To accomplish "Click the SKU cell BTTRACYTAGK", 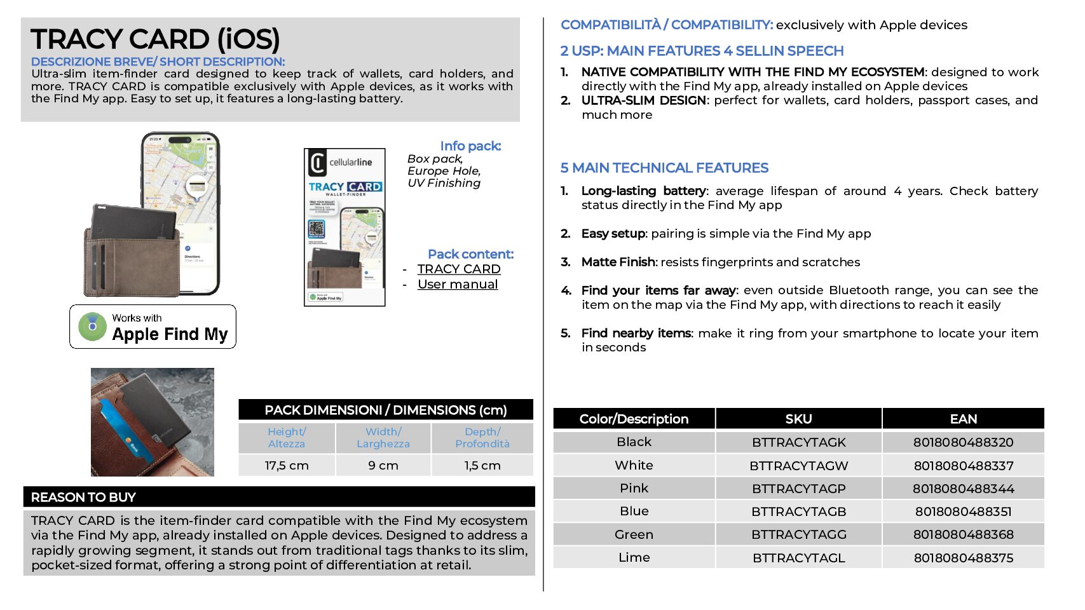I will coord(798,442).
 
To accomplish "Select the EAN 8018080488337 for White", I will coord(963,466).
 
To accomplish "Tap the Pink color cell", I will coord(634,488).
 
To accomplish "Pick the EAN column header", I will coord(963,419).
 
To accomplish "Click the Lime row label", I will coord(634,557).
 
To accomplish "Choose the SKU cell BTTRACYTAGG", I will coord(798,534).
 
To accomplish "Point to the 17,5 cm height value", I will coord(287,465).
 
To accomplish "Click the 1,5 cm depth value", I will coord(482,465).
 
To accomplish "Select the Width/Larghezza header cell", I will coord(383,437).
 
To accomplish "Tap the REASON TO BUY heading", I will coord(83,497).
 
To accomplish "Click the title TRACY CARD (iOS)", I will coord(155,39).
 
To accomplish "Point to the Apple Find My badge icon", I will coord(93,326).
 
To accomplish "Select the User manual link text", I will coord(458,284).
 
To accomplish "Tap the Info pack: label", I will coord(470,146).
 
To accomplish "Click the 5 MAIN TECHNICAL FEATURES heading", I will coord(664,168).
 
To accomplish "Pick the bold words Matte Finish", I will coord(618,262).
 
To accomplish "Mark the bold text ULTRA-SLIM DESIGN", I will coord(643,100).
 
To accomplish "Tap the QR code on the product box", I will coord(317,228).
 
